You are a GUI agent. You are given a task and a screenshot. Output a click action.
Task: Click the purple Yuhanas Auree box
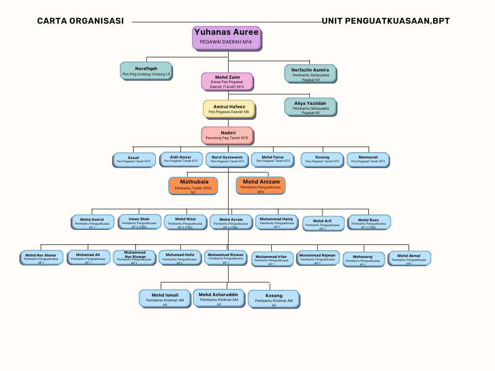pyautogui.click(x=227, y=38)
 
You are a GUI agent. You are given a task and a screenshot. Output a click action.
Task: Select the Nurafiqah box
pyautogui.click(x=146, y=70)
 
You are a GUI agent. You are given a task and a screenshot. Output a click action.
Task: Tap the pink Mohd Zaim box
pyautogui.click(x=227, y=81)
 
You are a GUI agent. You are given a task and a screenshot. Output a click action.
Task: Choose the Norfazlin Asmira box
pyautogui.click(x=310, y=73)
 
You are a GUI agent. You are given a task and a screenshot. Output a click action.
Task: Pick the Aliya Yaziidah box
pyautogui.click(x=310, y=107)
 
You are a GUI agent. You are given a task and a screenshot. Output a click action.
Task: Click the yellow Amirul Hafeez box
pyautogui.click(x=229, y=109)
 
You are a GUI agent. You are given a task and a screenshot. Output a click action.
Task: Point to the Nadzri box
pyautogui.click(x=227, y=135)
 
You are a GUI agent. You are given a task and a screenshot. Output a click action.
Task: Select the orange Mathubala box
pyautogui.click(x=193, y=185)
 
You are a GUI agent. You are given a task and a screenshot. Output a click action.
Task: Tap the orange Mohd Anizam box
pyautogui.click(x=261, y=185)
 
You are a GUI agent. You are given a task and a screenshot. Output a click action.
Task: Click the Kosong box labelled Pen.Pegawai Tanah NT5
pyautogui.click(x=322, y=159)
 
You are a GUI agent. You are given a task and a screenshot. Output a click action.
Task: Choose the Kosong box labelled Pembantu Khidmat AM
pyautogui.click(x=274, y=299)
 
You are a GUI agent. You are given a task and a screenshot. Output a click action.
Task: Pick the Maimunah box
pyautogui.click(x=368, y=159)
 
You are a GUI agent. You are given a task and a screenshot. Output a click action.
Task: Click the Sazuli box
pyautogui.click(x=133, y=159)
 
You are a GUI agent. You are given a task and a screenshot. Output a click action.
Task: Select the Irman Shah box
pyautogui.click(x=139, y=221)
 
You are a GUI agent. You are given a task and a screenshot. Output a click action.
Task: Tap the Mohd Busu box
pyautogui.click(x=368, y=222)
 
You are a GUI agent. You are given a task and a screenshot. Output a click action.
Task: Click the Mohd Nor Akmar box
pyautogui.click(x=41, y=258)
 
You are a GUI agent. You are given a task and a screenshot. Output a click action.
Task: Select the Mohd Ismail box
pyautogui.click(x=165, y=298)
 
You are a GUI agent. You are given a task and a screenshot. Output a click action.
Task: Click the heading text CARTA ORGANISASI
pyautogui.click(x=80, y=21)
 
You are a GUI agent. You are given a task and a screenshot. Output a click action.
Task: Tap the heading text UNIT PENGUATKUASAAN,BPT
pyautogui.click(x=386, y=21)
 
